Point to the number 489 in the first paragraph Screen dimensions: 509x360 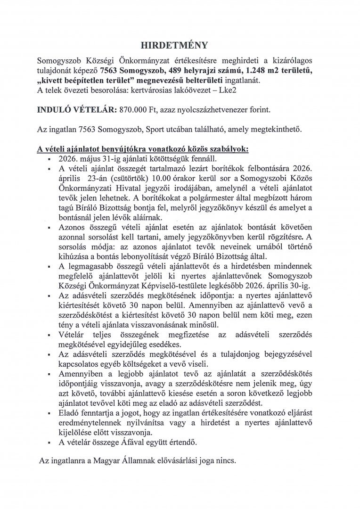point(192,71)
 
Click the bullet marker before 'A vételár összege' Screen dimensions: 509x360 point(49,443)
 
